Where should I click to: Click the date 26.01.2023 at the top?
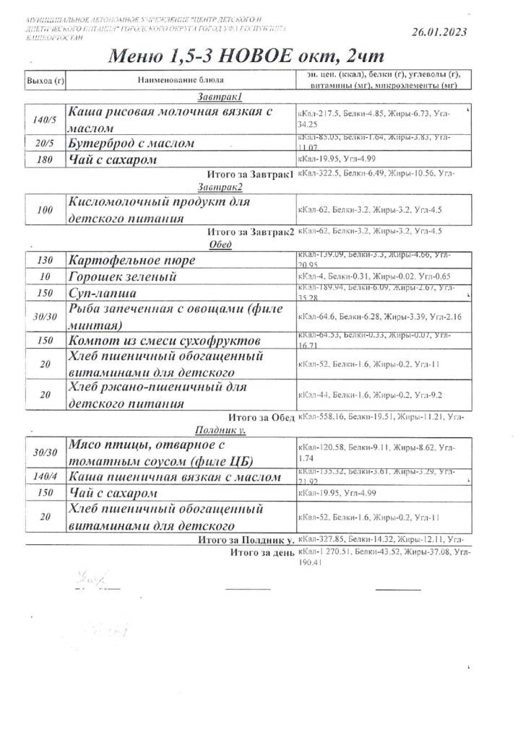click(x=438, y=31)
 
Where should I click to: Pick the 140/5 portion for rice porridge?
click(x=44, y=119)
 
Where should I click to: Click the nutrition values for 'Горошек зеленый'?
click(x=373, y=277)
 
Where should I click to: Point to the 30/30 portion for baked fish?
click(x=44, y=316)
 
